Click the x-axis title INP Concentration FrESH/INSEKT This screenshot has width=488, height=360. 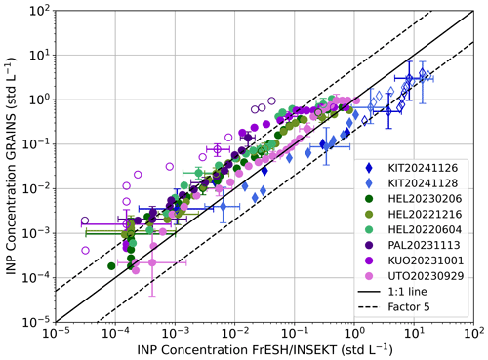pos(264,350)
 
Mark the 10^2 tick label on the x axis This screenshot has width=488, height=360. pos(473,335)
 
